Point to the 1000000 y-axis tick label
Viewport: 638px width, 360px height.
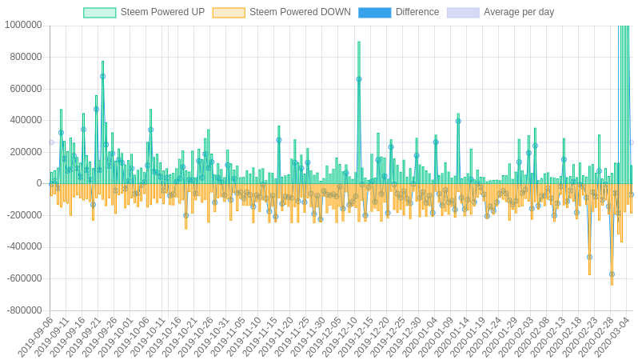[23, 25]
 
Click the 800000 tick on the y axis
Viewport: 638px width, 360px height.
[26, 57]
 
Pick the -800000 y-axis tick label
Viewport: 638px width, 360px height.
[24, 310]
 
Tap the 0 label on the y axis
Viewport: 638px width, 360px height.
[38, 183]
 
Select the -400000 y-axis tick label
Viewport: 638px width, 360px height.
[24, 246]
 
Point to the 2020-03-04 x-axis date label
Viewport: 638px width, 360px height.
[612, 338]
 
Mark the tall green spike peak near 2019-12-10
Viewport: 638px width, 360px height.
[359, 42]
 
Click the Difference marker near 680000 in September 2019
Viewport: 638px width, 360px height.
[102, 76]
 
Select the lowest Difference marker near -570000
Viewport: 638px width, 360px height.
[612, 274]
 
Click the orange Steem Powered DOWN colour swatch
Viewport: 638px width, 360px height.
[229, 12]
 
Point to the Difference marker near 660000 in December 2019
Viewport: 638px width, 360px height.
[359, 79]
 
